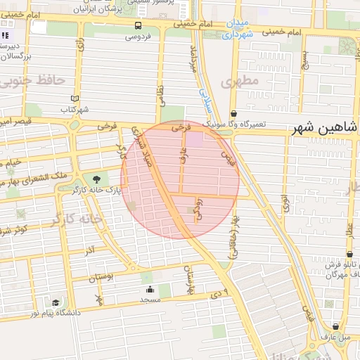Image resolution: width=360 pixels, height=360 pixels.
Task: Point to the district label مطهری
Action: coord(240,82)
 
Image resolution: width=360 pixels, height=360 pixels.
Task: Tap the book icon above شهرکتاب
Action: coord(75,99)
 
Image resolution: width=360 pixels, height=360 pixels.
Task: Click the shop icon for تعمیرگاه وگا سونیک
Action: coord(233,113)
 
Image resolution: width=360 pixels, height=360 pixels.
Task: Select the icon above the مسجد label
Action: coord(149,290)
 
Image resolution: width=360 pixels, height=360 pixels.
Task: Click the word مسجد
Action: coord(150,300)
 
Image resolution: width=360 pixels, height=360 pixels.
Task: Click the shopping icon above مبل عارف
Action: coord(336,326)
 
